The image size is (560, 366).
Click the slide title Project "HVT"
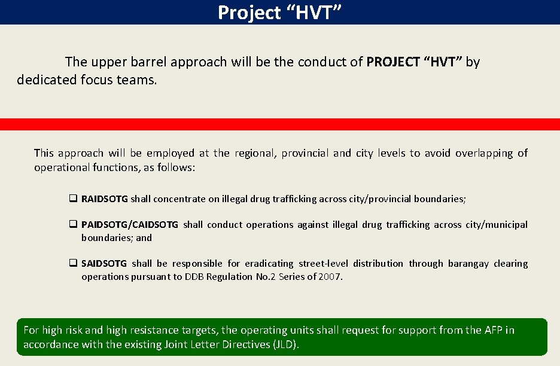click(x=279, y=12)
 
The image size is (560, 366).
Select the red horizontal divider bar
click(x=279, y=124)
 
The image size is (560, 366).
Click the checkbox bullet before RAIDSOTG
click(x=73, y=199)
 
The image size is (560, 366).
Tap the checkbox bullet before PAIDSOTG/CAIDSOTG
click(x=73, y=225)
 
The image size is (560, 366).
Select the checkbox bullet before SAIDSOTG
click(x=73, y=264)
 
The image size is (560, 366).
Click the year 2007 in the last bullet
click(x=331, y=277)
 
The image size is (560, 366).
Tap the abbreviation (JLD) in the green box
click(x=284, y=344)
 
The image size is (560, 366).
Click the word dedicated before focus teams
click(x=47, y=80)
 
